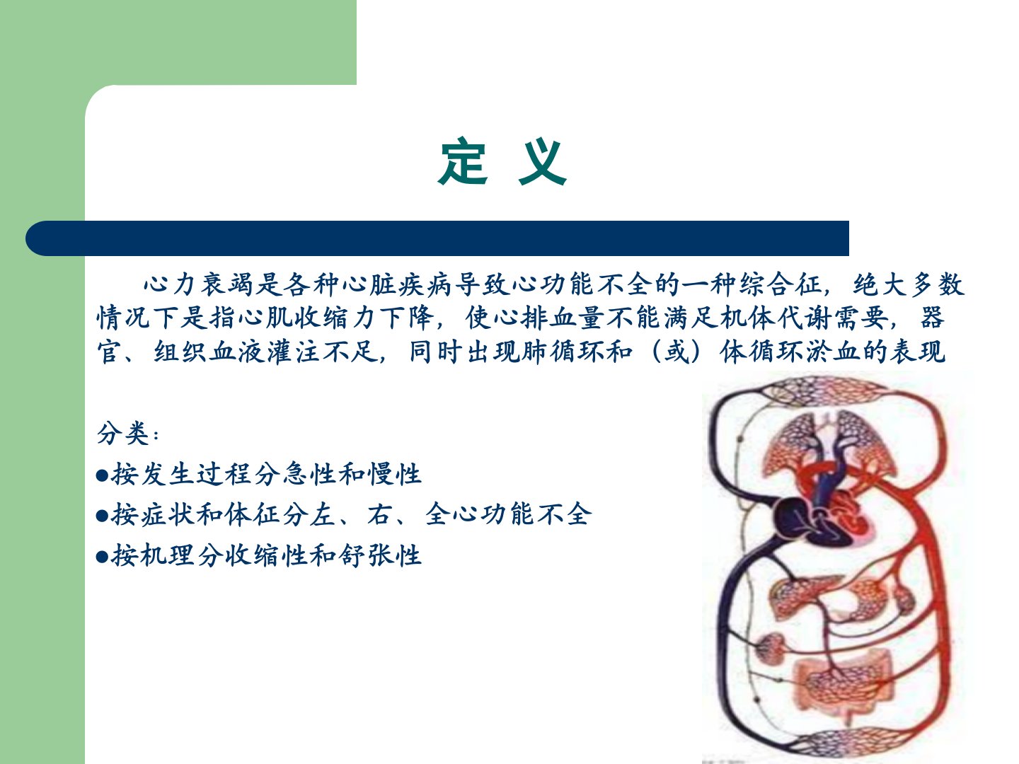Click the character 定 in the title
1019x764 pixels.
coord(463,161)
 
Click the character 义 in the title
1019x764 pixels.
coord(542,162)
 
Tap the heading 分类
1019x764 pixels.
coord(123,433)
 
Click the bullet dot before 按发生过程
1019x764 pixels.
coord(102,475)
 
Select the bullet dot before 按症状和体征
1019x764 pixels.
coord(102,516)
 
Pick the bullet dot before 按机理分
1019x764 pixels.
coord(102,556)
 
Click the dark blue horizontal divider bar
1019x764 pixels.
coord(437,238)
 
